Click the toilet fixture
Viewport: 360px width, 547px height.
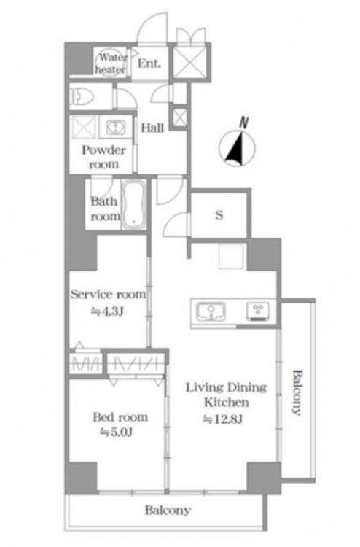82,96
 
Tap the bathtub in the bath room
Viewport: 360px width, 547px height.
134,204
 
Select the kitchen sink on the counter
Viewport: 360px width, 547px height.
211,311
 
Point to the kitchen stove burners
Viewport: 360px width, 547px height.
258,311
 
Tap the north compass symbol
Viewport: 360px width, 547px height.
237,147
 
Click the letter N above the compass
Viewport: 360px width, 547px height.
244,123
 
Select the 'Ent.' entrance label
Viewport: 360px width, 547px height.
149,63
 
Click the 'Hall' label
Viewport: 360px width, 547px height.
152,128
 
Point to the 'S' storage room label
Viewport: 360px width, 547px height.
219,215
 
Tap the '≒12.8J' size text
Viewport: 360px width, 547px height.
223,419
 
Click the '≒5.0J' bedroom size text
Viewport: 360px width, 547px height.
116,432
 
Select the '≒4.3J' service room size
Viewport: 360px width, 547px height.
107,311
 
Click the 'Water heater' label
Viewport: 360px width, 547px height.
111,63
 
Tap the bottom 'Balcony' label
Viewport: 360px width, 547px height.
168,511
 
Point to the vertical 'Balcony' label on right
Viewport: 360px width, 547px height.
296,392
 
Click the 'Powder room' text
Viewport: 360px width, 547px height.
103,158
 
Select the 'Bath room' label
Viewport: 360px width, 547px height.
104,209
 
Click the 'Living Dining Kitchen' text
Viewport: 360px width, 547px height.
226,395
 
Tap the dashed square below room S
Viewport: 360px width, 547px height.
231,257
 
